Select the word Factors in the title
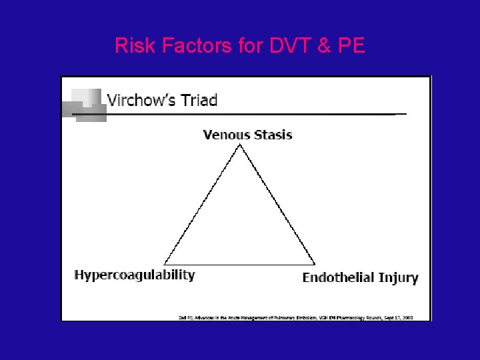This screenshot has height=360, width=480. tap(191, 45)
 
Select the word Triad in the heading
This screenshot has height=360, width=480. tap(199, 101)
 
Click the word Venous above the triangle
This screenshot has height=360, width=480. tap(225, 135)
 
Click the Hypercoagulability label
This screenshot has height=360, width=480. tap(135, 275)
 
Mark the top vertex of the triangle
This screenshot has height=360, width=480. tap(239, 146)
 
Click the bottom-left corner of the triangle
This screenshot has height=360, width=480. tap(165, 264)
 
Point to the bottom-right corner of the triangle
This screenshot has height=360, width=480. tap(315, 264)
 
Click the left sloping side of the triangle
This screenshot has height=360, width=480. tap(202, 205)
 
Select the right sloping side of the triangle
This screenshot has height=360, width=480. tap(277, 205)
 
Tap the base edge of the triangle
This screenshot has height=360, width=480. tap(240, 265)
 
